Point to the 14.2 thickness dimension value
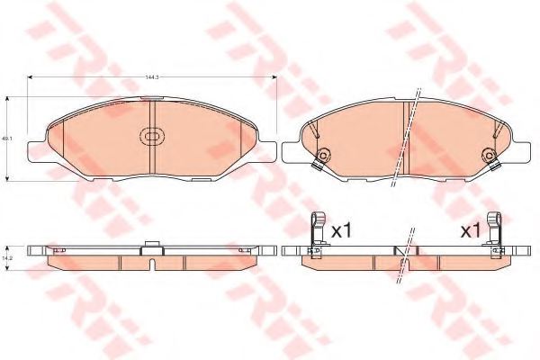click(x=6, y=256)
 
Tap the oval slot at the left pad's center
click(x=151, y=138)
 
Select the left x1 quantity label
click(x=340, y=231)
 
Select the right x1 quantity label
click(x=470, y=231)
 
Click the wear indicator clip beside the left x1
click(x=315, y=231)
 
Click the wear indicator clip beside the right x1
click(x=494, y=231)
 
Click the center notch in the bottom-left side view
click(x=151, y=263)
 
